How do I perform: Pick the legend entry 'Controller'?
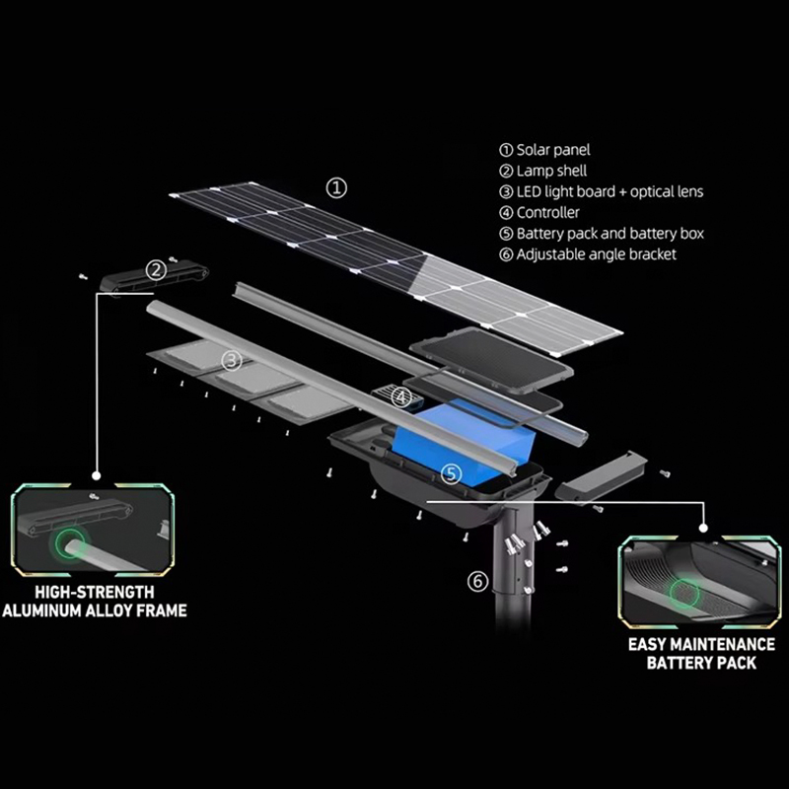tap(547, 213)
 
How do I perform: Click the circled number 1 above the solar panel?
tap(336, 185)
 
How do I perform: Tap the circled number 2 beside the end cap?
tap(156, 269)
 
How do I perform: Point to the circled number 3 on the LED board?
tap(232, 360)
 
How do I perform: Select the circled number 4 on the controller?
tap(400, 397)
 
